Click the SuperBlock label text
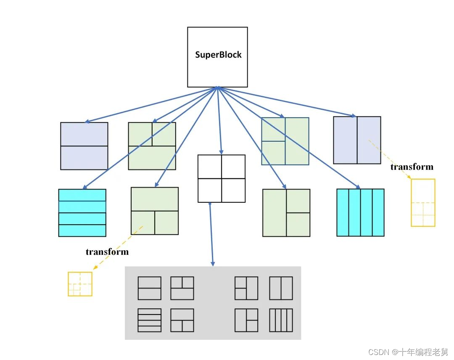tap(218, 55)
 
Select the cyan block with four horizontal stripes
tap(82, 213)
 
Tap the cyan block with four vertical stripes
tap(360, 212)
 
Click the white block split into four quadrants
tap(221, 179)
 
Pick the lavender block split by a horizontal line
tap(84, 146)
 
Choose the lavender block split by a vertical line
tap(357, 140)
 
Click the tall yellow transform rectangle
tap(423, 203)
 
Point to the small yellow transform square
tap(80, 284)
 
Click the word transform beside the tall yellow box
tap(412, 167)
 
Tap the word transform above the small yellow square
tap(107, 252)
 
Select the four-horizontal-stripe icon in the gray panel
tap(149, 320)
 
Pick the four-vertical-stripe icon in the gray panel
tap(281, 320)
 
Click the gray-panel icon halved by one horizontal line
tap(149, 288)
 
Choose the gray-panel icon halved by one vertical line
tap(281, 288)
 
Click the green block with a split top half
tap(152, 146)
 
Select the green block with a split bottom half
tap(155, 211)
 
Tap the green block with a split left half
tap(285, 141)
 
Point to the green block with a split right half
tap(286, 213)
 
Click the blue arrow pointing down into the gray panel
tap(211, 236)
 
